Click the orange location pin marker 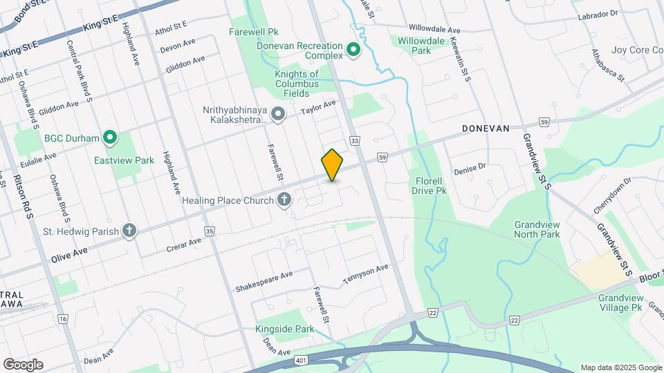point(333,164)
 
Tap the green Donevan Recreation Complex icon point(353,50)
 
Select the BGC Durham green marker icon point(110,137)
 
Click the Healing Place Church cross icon point(284,200)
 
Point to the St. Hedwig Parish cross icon point(129,231)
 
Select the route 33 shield point(355,141)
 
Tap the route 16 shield point(63,318)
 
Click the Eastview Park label point(124,160)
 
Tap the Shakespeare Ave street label point(264,280)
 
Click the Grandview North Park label point(537,229)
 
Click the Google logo point(23,364)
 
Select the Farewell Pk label point(254,32)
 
